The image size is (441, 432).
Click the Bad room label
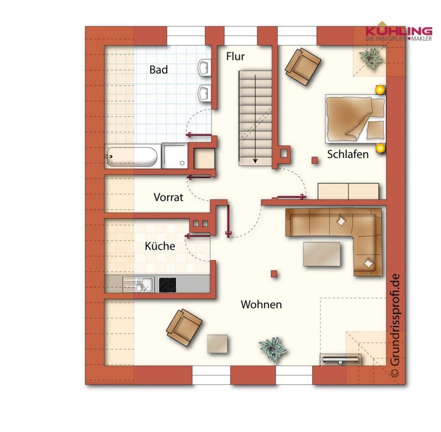coord(159,70)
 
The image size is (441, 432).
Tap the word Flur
coord(235,57)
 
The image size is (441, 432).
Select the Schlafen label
coord(348,154)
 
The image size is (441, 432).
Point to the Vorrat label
coord(168,197)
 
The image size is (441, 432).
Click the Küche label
coord(160,246)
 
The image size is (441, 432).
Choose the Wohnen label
coord(261,305)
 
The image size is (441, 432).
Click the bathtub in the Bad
coord(131,157)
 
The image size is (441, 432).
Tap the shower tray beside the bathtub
coord(174,156)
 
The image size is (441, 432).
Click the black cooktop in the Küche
coord(168,284)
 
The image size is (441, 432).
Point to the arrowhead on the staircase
coord(255,161)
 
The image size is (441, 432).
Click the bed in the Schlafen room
coord(355,118)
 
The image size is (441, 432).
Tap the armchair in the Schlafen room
coord(302,66)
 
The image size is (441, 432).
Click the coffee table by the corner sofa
coord(322,254)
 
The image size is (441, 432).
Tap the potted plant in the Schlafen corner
coord(371,58)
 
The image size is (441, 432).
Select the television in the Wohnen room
coord(340,359)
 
